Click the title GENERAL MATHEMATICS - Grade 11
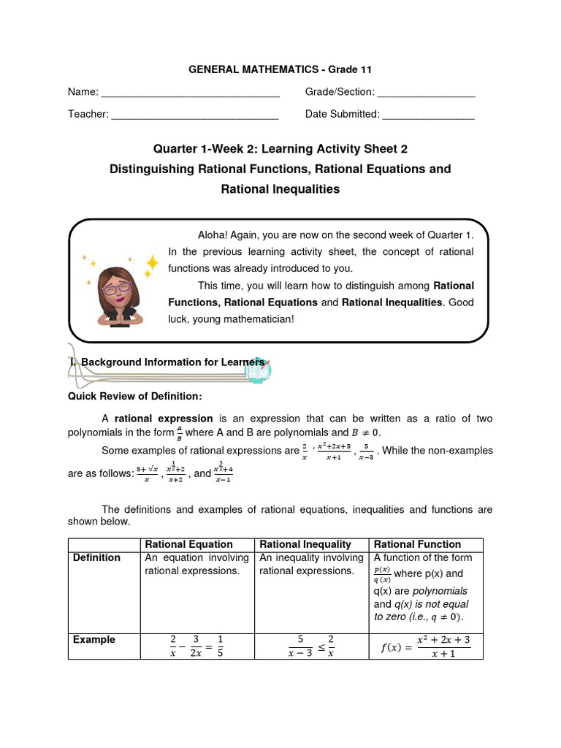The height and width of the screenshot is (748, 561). click(x=280, y=69)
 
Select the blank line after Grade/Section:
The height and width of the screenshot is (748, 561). click(x=427, y=95)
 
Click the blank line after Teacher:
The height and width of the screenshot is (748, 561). click(x=195, y=117)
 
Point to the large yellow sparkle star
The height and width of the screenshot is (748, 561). click(x=152, y=263)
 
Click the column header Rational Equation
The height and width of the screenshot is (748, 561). click(x=189, y=544)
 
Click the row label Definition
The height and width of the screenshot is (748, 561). click(x=96, y=558)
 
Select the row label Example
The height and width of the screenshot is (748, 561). click(x=94, y=640)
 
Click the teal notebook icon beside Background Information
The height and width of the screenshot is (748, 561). click(x=259, y=370)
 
